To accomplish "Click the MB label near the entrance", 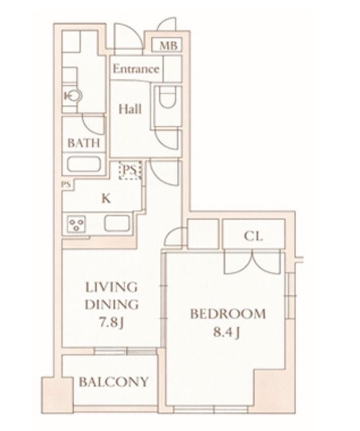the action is click(169, 45).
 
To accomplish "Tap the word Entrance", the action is click(136, 69).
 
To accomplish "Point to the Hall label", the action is click(130, 109).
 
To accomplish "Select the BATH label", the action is click(84, 143).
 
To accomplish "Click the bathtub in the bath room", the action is click(84, 164).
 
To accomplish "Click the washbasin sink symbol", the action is click(73, 96).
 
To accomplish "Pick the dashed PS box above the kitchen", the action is click(130, 171).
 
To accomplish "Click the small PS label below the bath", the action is click(66, 184).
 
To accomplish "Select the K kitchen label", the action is click(107, 198).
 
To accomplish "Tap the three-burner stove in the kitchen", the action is click(76, 224).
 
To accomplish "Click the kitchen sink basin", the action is click(117, 223).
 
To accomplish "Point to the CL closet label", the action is click(253, 236).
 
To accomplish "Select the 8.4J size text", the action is click(227, 332).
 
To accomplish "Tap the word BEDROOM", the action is click(228, 314).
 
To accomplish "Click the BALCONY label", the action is click(113, 382).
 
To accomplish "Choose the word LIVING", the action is click(112, 287).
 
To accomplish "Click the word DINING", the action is click(112, 304).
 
